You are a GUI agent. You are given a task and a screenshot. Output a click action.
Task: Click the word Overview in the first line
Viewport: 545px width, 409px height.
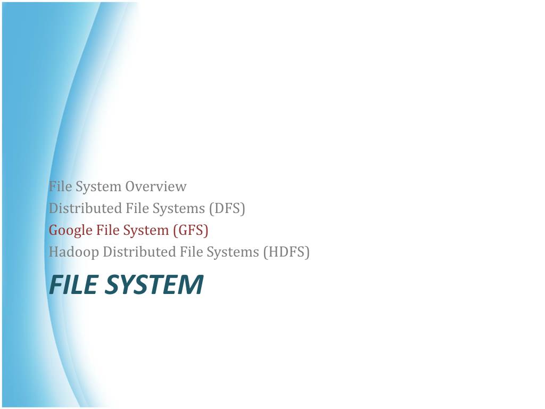coord(156,186)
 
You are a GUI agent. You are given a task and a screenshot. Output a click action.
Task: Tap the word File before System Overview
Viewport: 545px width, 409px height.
coord(61,186)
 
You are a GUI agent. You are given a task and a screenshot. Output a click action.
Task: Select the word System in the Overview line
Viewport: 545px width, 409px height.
coord(98,187)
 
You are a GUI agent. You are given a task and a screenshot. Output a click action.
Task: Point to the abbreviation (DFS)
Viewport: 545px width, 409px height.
coord(227,208)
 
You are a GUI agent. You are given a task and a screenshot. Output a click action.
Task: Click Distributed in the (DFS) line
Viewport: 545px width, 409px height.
coord(85,208)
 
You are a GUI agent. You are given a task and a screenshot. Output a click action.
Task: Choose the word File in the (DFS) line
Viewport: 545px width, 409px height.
coord(137,208)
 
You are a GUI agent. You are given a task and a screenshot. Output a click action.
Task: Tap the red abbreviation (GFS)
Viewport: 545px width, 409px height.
coord(191,230)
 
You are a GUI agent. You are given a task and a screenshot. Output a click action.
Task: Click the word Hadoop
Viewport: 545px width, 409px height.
coord(73,252)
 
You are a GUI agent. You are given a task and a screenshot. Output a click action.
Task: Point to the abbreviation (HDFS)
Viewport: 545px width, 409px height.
coord(286,252)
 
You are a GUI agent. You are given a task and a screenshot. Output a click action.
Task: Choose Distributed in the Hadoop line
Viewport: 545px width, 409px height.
coord(139,252)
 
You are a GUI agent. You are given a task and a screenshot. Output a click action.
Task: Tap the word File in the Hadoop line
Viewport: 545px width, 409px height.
coord(191,252)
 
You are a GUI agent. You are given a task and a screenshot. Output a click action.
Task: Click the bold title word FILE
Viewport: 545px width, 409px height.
coord(73,284)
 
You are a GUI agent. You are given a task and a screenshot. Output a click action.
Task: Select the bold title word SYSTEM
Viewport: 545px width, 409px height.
coord(154,284)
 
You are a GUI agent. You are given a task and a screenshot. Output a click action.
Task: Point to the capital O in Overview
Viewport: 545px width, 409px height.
coord(130,187)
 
